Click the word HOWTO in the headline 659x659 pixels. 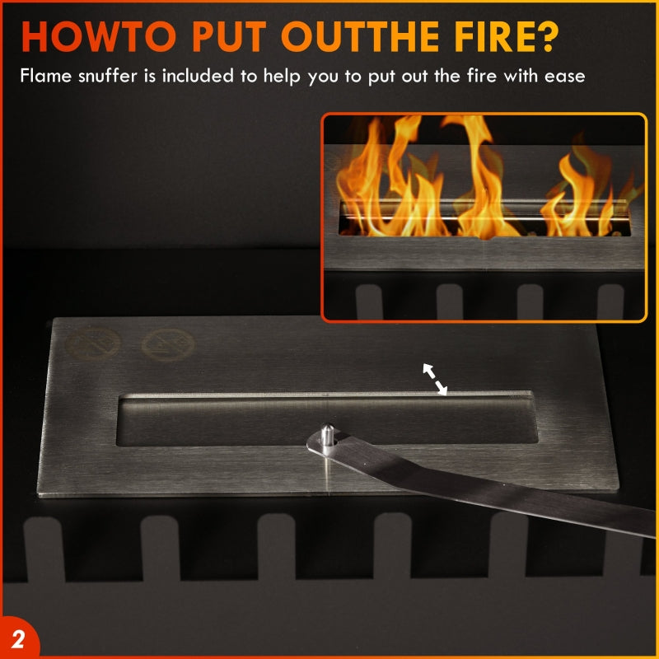(99, 36)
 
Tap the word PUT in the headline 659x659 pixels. (230, 36)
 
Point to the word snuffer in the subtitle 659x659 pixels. (108, 76)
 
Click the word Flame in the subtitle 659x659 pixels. (46, 76)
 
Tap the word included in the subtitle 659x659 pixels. (198, 76)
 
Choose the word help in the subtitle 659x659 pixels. (282, 77)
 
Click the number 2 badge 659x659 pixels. (17, 640)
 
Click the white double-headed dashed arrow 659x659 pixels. (435, 380)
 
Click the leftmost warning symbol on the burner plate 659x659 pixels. (93, 344)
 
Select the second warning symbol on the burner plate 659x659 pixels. (168, 344)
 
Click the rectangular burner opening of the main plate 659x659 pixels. (327, 420)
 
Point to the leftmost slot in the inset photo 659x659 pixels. (369, 301)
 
